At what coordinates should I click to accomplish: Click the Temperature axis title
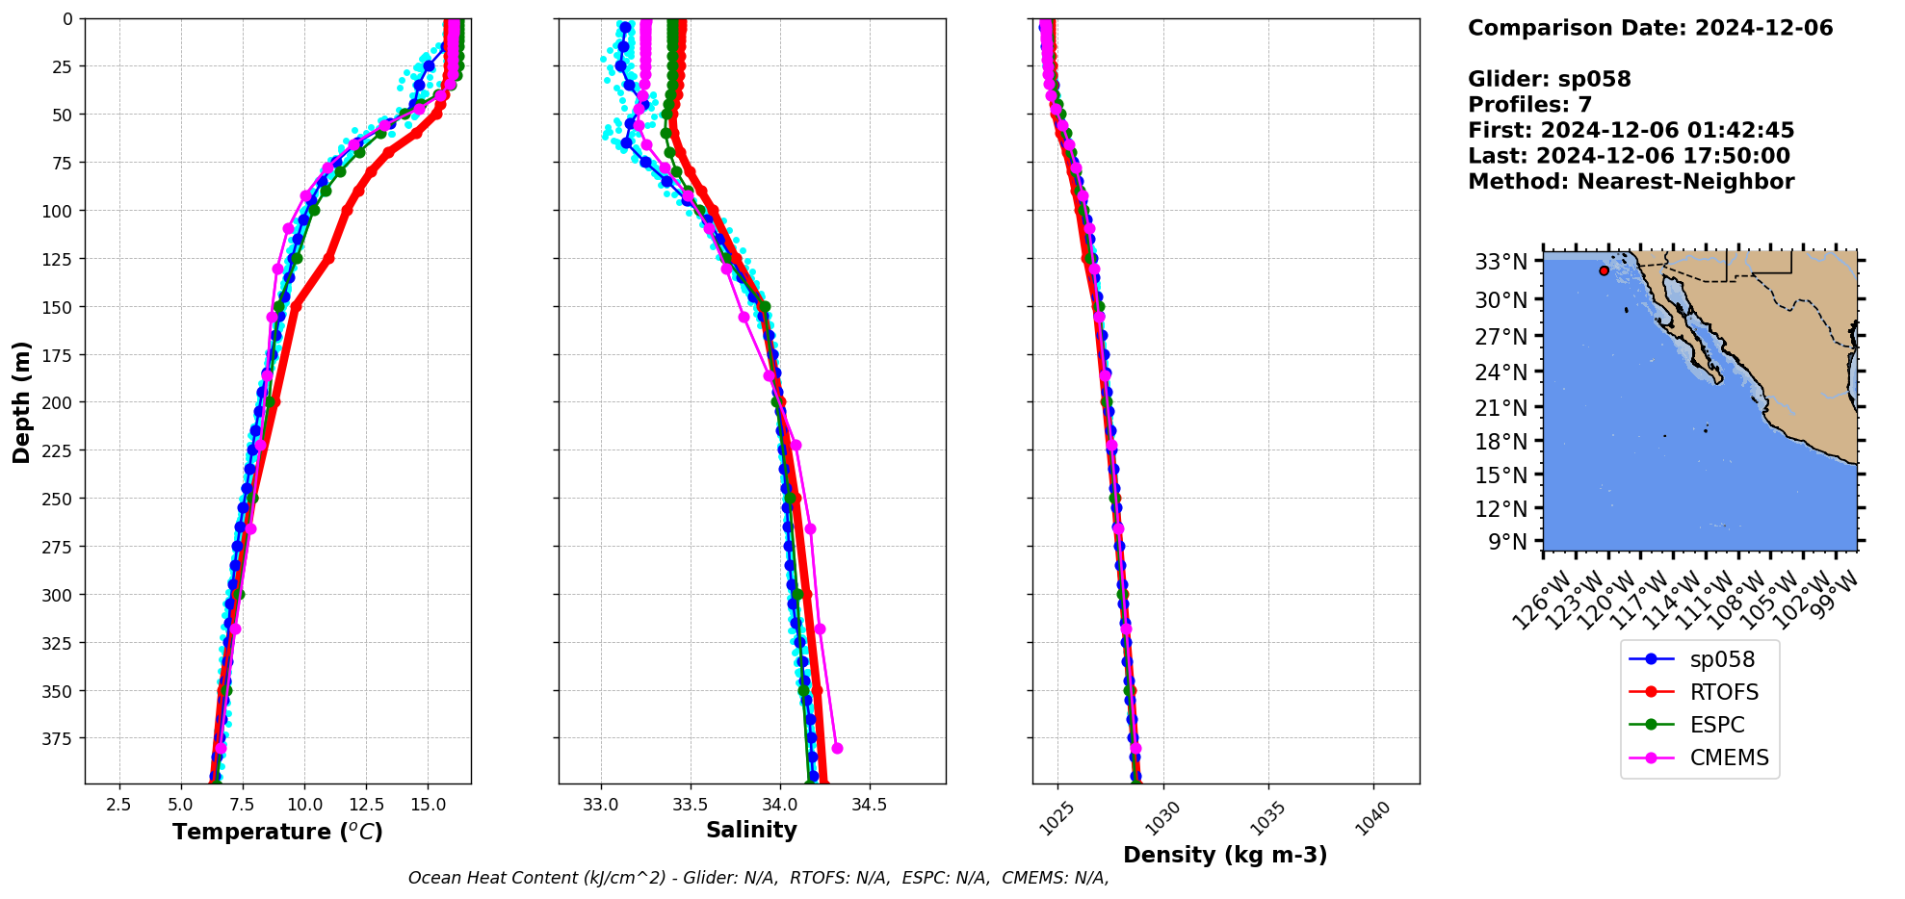click(x=277, y=832)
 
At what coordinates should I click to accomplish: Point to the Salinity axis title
click(x=751, y=830)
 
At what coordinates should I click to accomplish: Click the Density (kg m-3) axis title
click(x=1225, y=855)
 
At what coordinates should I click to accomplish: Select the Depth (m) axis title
click(x=21, y=401)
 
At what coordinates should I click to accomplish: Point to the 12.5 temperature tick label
click(x=366, y=804)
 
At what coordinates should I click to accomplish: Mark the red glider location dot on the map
click(x=1604, y=270)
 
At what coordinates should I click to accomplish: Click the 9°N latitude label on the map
click(x=1508, y=542)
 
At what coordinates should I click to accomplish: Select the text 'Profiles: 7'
click(x=1529, y=105)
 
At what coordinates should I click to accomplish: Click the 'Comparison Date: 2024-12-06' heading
click(x=1650, y=28)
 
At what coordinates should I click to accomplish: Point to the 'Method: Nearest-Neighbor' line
click(x=1631, y=182)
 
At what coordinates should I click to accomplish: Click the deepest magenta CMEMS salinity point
click(x=837, y=748)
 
